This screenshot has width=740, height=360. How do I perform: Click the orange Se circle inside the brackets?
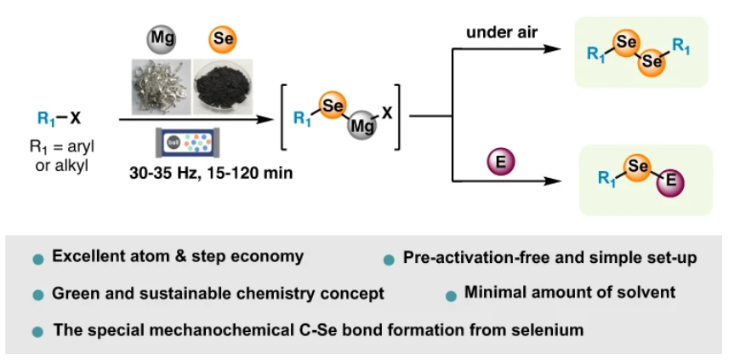click(333, 105)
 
